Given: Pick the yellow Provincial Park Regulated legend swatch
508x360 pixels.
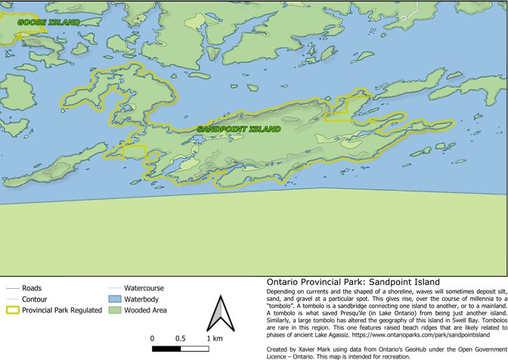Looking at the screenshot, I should (x=12, y=310).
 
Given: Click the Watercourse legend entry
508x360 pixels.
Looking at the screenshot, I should (x=144, y=288).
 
